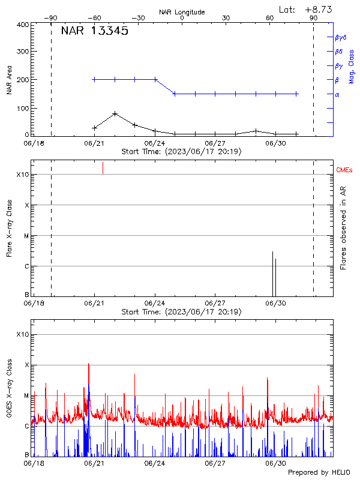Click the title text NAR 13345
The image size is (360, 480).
point(94,31)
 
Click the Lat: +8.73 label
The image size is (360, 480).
point(306,9)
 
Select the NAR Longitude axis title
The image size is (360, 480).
point(181,12)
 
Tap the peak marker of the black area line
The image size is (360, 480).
point(115,113)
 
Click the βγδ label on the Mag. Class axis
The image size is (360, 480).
point(340,37)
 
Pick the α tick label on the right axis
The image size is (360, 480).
point(337,94)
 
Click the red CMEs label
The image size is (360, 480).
point(345,170)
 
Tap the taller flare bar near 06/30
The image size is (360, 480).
point(272,273)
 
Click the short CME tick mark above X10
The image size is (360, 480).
point(103,167)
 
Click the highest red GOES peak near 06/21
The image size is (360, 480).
point(89,364)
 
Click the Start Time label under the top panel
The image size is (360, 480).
point(181,152)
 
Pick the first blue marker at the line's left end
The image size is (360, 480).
point(94,79)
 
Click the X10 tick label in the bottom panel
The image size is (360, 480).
point(22,334)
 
